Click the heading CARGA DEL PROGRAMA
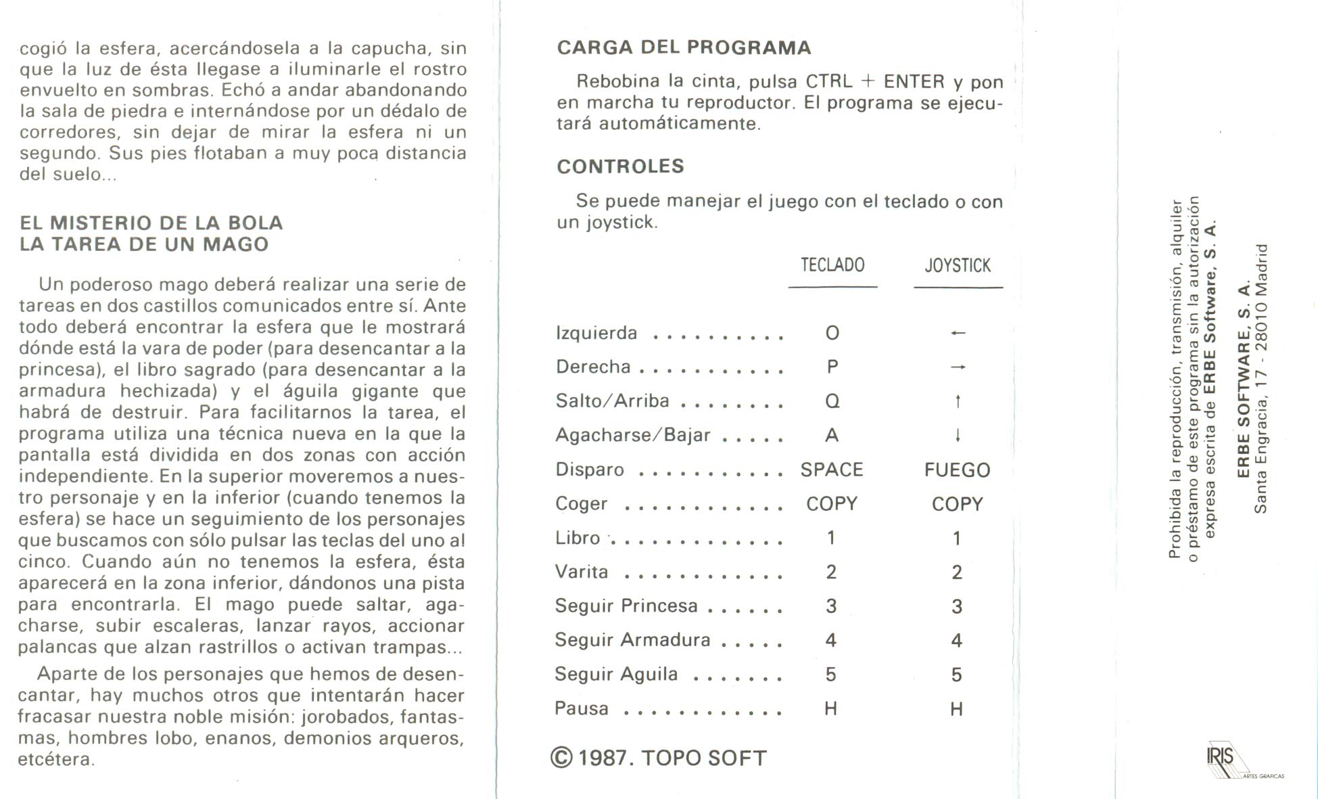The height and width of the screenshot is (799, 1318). click(684, 47)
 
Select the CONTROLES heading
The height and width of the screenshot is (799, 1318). click(620, 166)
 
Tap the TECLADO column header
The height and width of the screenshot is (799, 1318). click(832, 265)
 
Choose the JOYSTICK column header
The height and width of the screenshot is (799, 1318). click(958, 266)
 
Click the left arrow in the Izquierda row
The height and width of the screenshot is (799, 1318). click(958, 333)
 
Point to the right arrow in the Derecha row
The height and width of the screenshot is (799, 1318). click(958, 367)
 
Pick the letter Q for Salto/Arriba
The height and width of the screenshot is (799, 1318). click(832, 401)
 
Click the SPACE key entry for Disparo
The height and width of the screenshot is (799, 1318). click(832, 470)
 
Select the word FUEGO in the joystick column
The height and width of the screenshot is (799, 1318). click(957, 470)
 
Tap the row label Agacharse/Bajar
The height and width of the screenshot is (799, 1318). click(632, 435)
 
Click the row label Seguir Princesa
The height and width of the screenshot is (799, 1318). click(626, 606)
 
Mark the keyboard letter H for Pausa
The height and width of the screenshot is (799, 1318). click(831, 708)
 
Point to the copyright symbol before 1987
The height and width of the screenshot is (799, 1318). click(562, 758)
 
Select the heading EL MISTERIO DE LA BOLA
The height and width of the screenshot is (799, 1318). click(151, 223)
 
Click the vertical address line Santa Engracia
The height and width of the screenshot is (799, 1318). click(1261, 379)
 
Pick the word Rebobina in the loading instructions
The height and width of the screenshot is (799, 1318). click(618, 81)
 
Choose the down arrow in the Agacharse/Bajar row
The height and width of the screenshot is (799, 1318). click(958, 436)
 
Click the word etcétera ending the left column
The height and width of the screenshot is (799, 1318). click(55, 759)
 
